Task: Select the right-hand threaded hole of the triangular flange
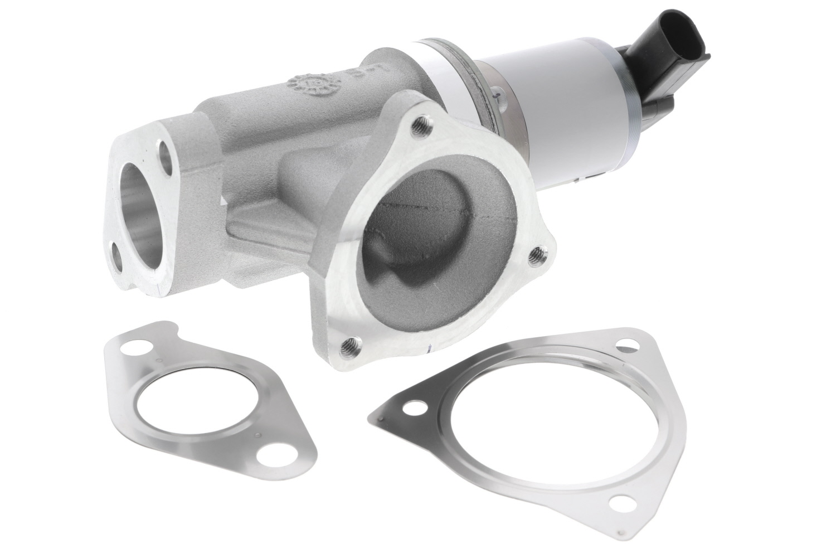pos(537,254)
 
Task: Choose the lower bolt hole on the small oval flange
pos(118,260)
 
